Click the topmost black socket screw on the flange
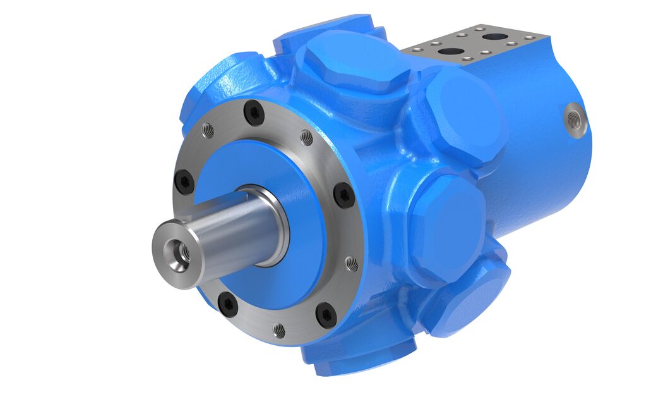tap(254, 113)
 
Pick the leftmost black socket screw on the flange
tap(182, 183)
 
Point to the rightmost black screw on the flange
tap(343, 195)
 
